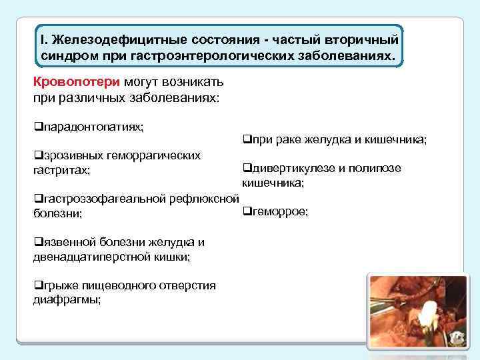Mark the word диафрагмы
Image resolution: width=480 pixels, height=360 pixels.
[66, 300]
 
